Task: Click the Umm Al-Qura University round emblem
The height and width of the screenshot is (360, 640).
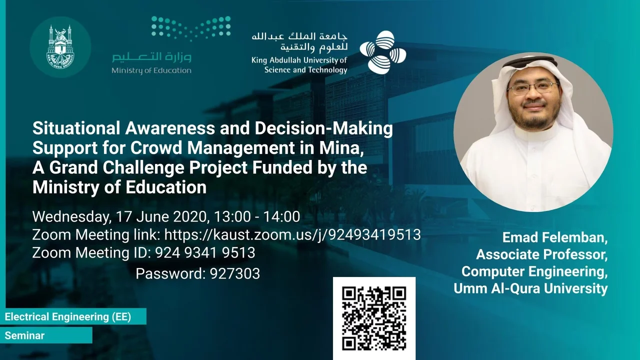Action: [x=60, y=47]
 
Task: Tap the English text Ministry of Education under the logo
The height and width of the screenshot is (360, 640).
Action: [x=151, y=70]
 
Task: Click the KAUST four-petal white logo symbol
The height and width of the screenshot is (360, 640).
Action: [x=383, y=52]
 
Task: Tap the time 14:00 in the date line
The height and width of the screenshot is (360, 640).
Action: [x=281, y=216]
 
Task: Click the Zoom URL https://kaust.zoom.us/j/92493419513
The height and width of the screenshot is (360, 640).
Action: [x=292, y=235]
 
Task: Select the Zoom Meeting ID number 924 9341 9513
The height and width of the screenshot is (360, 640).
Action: [x=205, y=253]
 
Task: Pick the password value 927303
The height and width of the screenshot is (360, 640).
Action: [x=235, y=273]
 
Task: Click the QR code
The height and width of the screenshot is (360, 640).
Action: [x=374, y=318]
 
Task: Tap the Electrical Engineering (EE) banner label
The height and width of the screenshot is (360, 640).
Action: [x=68, y=316]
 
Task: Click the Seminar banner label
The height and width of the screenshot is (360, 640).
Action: [x=24, y=335]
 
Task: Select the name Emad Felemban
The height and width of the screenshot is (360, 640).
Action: [x=555, y=237]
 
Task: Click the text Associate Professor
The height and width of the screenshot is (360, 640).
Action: [x=541, y=254]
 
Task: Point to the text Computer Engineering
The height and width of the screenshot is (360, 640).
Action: [x=534, y=271]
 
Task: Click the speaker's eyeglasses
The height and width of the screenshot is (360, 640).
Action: [x=533, y=88]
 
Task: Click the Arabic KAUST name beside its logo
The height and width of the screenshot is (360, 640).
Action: [x=299, y=43]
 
